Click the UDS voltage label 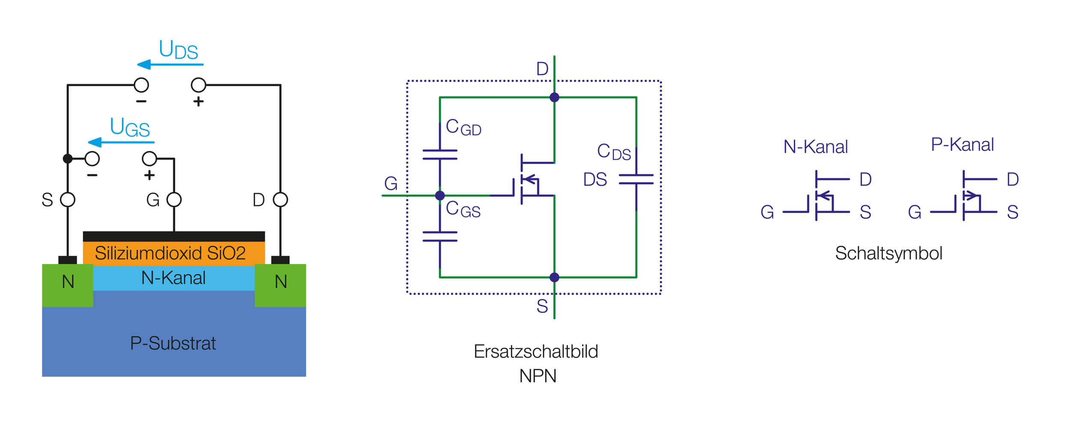pyautogui.click(x=178, y=50)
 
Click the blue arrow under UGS pyautogui.click(x=121, y=142)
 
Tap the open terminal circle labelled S pyautogui.click(x=68, y=200)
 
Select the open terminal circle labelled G pyautogui.click(x=174, y=200)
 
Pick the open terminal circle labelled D pyautogui.click(x=280, y=200)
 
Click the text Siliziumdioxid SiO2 pyautogui.click(x=170, y=253)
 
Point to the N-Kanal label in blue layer pyautogui.click(x=174, y=278)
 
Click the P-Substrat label pyautogui.click(x=173, y=343)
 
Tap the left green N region pyautogui.click(x=68, y=285)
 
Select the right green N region pyautogui.click(x=280, y=285)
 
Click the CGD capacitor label pyautogui.click(x=463, y=127)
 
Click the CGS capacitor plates pyautogui.click(x=440, y=237)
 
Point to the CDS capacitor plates pyautogui.click(x=636, y=179)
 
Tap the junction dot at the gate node pyautogui.click(x=440, y=195)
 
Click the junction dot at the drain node pyautogui.click(x=554, y=97)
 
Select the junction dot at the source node pyautogui.click(x=554, y=277)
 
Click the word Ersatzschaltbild pyautogui.click(x=535, y=351)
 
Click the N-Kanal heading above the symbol pyautogui.click(x=815, y=147)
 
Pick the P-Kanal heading pyautogui.click(x=962, y=145)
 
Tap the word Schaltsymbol pyautogui.click(x=889, y=253)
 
